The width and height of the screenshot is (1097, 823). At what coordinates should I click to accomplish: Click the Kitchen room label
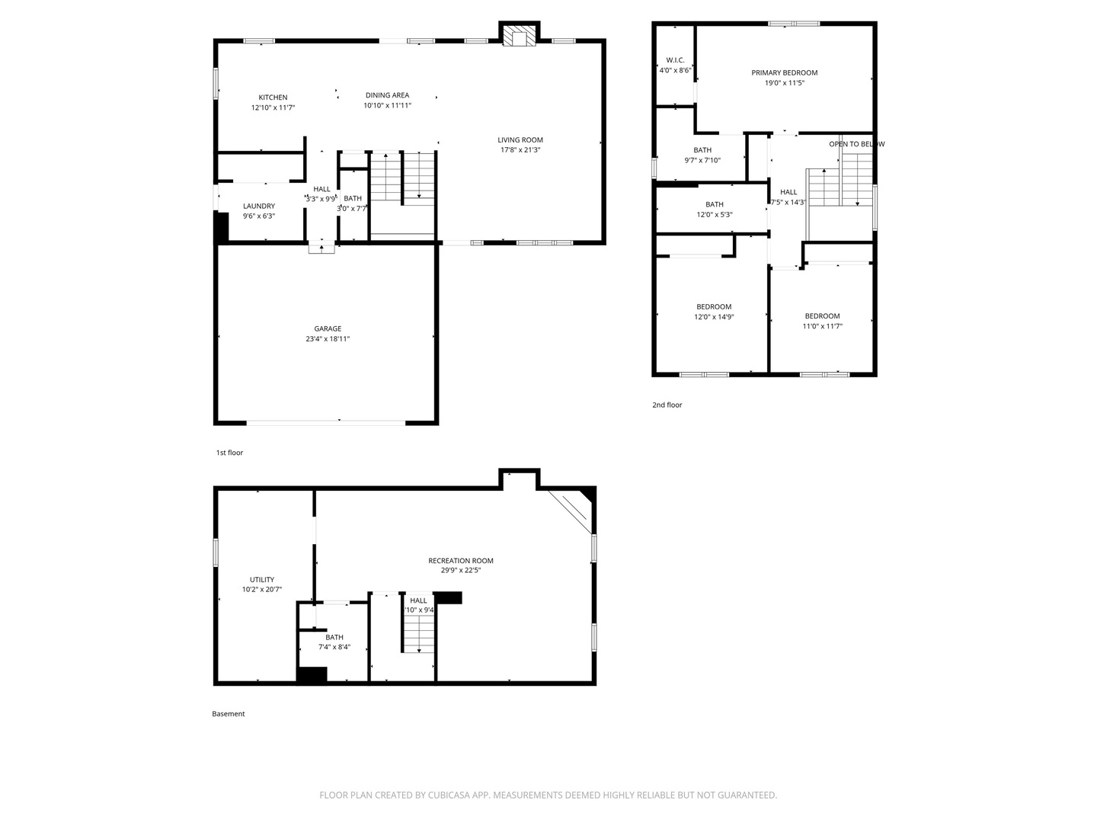(x=273, y=98)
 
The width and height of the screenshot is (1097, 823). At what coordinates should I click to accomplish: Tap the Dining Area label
(x=387, y=95)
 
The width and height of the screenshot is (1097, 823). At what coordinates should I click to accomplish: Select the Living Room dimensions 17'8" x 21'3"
(x=520, y=150)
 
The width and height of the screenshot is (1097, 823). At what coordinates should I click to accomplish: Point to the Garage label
(x=328, y=328)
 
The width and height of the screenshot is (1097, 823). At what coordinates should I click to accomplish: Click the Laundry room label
(x=259, y=206)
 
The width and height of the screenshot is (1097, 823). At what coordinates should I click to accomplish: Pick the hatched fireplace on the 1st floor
(x=520, y=37)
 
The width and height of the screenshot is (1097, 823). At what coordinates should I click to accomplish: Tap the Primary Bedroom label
(x=785, y=73)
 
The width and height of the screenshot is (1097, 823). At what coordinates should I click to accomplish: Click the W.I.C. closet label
(x=675, y=60)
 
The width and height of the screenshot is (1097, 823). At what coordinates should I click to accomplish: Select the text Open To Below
(x=856, y=145)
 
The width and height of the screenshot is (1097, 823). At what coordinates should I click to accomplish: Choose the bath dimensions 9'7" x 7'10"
(x=702, y=160)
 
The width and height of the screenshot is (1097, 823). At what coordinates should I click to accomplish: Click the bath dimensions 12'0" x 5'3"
(x=715, y=215)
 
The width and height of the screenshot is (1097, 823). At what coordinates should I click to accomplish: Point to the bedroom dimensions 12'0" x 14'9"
(x=714, y=317)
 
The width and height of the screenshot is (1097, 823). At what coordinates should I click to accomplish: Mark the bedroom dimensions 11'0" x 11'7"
(x=823, y=326)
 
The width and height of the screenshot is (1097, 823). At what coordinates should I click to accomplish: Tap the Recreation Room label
(x=461, y=561)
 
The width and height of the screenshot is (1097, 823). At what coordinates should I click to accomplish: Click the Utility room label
(x=262, y=580)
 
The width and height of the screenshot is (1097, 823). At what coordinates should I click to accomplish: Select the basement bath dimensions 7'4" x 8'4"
(x=334, y=647)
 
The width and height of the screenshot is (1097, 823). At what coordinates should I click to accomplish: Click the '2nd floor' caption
(x=667, y=405)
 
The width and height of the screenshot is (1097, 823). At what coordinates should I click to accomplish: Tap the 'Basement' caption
(x=229, y=713)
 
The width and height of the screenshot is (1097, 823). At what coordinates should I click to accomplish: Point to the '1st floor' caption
(x=229, y=453)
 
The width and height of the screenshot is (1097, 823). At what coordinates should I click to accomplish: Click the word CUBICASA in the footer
(x=449, y=795)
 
